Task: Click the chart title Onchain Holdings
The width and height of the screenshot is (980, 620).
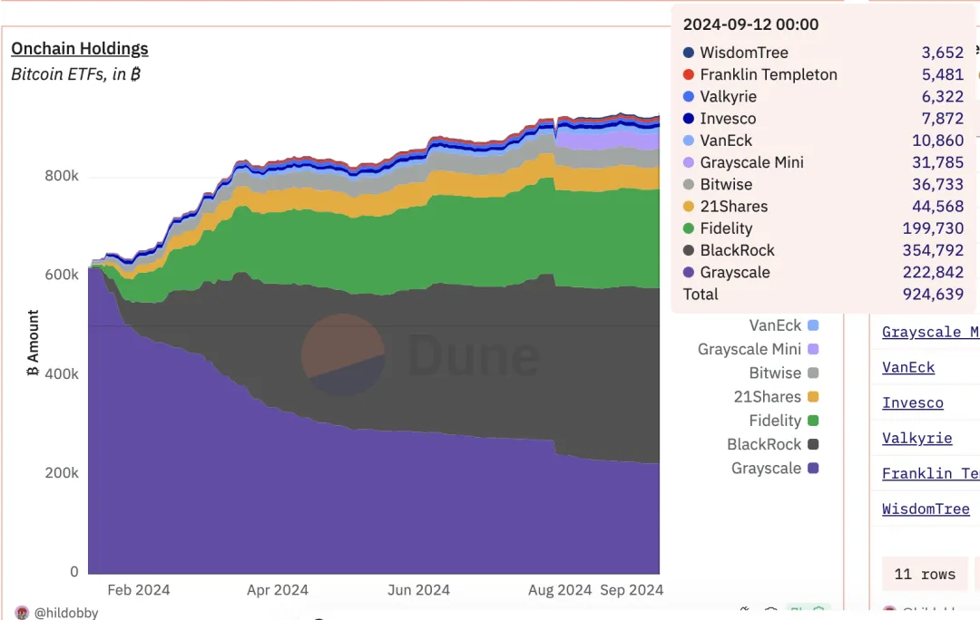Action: [x=80, y=49]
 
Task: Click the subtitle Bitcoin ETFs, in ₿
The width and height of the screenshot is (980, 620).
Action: [x=76, y=74]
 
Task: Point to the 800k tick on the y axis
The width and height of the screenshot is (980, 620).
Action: [x=62, y=176]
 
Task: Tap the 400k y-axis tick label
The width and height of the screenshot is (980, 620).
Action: [x=62, y=374]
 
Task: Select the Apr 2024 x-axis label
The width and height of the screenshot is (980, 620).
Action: [x=278, y=590]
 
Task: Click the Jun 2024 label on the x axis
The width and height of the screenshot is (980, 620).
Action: [x=418, y=590]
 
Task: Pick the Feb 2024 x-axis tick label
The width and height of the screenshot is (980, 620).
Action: [x=138, y=590]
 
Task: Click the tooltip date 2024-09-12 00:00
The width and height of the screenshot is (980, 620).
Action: [x=750, y=24]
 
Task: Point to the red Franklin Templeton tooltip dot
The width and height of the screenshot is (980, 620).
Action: [x=689, y=75]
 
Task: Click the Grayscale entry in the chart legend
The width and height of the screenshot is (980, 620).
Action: [x=766, y=469]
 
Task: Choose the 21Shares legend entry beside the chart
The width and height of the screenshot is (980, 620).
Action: [x=767, y=397]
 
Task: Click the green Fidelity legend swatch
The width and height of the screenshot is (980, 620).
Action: [x=813, y=421]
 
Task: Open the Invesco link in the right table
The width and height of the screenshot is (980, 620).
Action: [x=913, y=403]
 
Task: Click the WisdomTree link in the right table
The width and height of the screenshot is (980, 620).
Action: [x=926, y=509]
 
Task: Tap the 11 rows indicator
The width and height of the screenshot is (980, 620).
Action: [x=925, y=575]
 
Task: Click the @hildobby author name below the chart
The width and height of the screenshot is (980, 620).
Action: [x=66, y=613]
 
